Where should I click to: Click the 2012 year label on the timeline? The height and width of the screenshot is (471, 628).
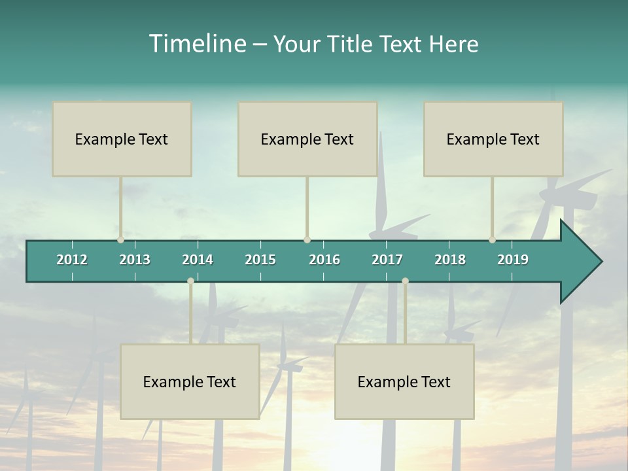72,260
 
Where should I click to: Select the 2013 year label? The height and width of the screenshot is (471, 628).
135,260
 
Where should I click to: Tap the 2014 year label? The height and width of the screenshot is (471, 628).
198,260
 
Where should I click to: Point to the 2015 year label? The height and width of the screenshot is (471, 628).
260,260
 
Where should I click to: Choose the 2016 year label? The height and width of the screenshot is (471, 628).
324,260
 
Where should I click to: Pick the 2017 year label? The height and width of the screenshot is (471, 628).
387,260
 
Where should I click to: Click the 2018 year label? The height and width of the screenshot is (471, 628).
450,260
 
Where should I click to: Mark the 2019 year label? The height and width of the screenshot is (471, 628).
513,260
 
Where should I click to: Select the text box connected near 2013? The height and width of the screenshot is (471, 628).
122,139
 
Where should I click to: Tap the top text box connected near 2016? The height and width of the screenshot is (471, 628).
307,139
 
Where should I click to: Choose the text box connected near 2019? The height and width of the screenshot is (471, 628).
493,139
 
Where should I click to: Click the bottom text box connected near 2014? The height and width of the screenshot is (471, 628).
190,381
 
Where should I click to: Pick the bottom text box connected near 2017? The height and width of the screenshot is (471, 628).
404,381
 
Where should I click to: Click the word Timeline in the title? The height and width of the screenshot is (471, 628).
196,44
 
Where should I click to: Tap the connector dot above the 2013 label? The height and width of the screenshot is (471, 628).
120,240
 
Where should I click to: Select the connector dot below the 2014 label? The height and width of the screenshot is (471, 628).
190,281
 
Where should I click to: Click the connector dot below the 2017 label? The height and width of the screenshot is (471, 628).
405,281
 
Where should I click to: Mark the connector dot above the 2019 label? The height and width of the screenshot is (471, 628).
492,240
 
